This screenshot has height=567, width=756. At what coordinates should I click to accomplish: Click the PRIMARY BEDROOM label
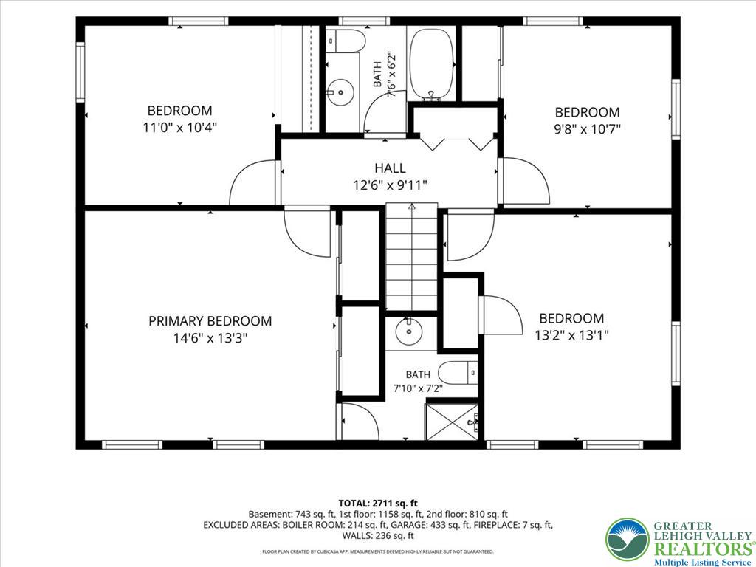pyautogui.click(x=210, y=321)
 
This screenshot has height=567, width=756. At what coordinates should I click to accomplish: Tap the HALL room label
pyautogui.click(x=390, y=168)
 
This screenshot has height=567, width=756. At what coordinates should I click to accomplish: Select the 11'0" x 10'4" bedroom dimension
pyautogui.click(x=180, y=128)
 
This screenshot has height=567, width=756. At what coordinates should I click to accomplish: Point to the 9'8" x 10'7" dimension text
pyautogui.click(x=587, y=129)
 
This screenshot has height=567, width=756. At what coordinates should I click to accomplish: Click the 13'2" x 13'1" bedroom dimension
pyautogui.click(x=571, y=335)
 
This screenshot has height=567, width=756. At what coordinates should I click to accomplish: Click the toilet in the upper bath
pyautogui.click(x=346, y=41)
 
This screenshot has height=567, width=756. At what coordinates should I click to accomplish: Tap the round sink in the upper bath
pyautogui.click(x=341, y=90)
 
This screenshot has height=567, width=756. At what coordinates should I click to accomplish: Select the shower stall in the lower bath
pyautogui.click(x=453, y=422)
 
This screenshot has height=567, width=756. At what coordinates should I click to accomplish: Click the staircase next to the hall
pyautogui.click(x=411, y=256)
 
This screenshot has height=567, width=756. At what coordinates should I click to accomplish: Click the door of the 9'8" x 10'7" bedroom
pyautogui.click(x=526, y=180)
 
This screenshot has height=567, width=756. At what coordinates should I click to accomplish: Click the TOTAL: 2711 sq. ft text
pyautogui.click(x=378, y=504)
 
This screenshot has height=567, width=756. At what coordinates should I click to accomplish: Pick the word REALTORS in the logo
pyautogui.click(x=702, y=549)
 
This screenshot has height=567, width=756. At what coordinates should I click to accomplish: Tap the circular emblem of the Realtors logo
pyautogui.click(x=628, y=540)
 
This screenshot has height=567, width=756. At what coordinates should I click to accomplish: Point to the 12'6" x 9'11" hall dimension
pyautogui.click(x=390, y=185)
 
